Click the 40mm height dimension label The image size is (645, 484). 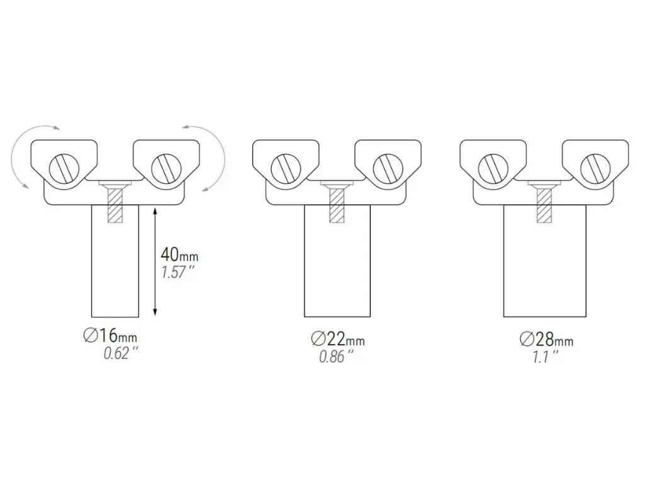(x=179, y=255)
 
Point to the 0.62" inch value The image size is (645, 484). (x=120, y=354)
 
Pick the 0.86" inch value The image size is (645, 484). (x=336, y=357)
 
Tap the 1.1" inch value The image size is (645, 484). (x=545, y=357)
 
